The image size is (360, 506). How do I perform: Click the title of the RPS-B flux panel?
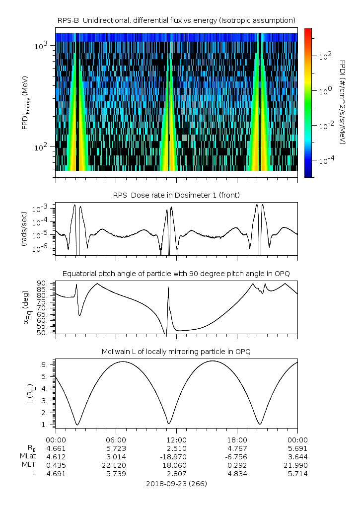(x=176, y=20)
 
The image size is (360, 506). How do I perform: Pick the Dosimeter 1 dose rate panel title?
(x=176, y=195)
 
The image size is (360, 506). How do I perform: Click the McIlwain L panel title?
(x=176, y=352)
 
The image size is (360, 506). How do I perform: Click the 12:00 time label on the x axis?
(x=176, y=439)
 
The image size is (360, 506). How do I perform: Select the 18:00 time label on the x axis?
(x=237, y=439)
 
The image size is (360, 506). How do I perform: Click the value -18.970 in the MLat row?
(x=176, y=456)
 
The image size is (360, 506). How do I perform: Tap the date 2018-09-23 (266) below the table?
(x=176, y=483)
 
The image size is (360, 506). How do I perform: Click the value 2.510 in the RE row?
(x=176, y=448)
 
